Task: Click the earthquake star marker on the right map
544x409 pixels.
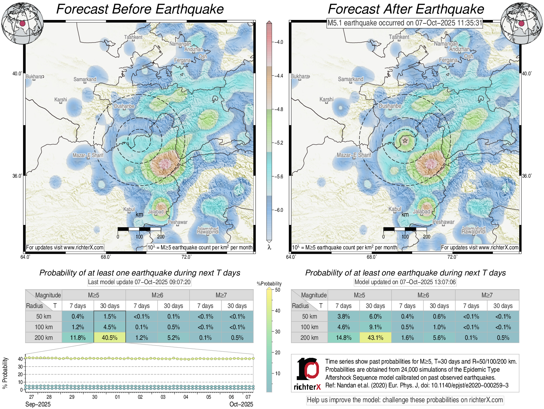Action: pos(405,141)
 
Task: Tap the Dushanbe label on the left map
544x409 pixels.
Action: pos(124,106)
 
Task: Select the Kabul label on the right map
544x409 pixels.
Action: pos(395,209)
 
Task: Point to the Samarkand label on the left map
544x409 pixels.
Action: pos(85,79)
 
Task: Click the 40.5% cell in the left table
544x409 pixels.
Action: pos(110,338)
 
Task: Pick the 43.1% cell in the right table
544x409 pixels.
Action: pos(375,338)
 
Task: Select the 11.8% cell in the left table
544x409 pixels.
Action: pos(78,338)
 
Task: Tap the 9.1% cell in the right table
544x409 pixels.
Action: pos(375,327)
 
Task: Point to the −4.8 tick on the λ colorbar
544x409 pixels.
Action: pos(279,109)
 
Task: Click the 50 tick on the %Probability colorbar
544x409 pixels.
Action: pos(277,290)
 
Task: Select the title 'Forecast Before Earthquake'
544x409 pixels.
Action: pos(140,9)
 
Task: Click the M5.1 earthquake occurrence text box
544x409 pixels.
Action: pos(405,23)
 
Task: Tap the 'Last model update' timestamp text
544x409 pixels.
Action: pos(139,282)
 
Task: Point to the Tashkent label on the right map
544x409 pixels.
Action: pos(399,37)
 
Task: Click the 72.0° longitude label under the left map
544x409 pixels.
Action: pos(186,257)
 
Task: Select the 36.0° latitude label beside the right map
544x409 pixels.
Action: pos(527,176)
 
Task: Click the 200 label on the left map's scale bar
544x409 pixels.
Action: pos(161,237)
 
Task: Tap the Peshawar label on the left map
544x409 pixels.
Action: pos(177,222)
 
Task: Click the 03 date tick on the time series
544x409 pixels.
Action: pos(163,397)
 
